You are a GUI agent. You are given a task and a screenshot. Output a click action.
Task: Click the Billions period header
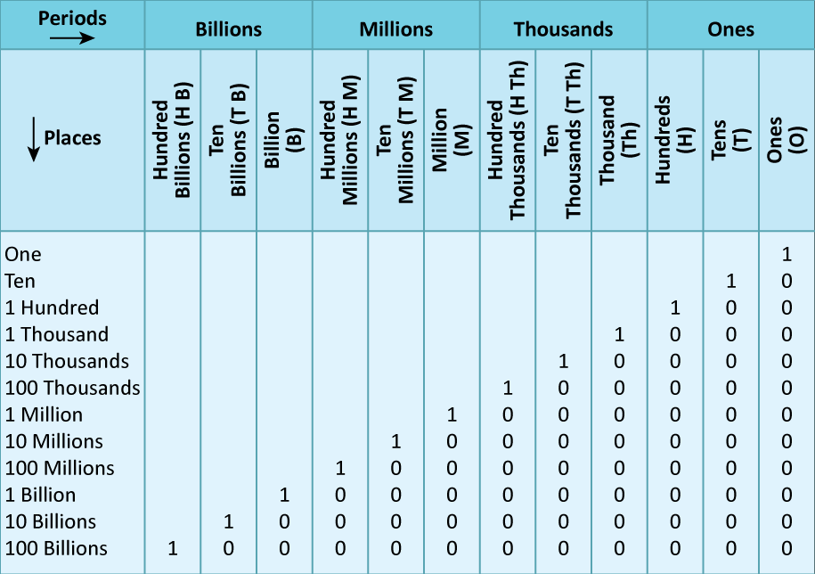point(229,29)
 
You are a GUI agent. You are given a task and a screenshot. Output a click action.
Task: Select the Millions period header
point(395,29)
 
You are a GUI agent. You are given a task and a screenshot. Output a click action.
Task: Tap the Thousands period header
point(563,29)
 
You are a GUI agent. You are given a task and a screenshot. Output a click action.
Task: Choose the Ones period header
point(731,29)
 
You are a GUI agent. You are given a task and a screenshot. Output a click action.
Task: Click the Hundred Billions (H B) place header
point(173,141)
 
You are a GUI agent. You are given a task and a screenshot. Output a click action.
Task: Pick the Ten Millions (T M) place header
point(395,141)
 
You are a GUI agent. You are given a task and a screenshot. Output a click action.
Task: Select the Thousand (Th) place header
point(619,141)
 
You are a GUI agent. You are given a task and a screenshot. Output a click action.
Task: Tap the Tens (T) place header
point(731,141)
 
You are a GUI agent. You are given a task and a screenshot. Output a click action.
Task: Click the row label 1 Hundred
point(52,307)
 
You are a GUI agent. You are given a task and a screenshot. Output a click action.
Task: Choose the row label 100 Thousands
point(73,388)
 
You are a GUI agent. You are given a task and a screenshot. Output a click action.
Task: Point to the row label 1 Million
point(44,414)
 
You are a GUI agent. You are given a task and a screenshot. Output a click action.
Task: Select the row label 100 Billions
point(56,548)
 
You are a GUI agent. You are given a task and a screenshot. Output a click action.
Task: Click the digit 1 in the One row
point(786,254)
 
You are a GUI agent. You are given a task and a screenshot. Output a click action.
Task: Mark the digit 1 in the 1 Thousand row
point(619,334)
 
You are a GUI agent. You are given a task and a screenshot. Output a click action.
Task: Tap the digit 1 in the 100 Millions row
point(340,468)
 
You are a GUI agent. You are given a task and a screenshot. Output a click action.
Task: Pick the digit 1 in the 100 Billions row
point(173,548)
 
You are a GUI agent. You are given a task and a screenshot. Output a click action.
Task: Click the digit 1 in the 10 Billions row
point(229,521)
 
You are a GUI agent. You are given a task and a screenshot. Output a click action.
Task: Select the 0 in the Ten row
point(786,281)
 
